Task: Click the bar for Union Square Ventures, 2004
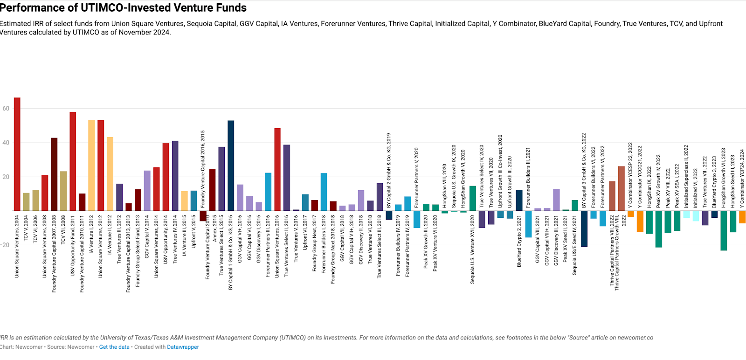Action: point(17,154)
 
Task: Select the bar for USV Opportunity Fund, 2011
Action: point(73,161)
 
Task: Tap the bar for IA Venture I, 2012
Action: point(91,165)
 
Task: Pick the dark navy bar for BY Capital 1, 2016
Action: point(231,166)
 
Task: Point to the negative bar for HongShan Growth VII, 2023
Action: point(724,230)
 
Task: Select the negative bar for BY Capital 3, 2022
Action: point(584,228)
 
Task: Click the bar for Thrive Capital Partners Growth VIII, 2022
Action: point(622,188)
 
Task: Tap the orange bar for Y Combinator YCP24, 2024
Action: point(742,217)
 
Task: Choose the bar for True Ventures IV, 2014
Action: point(175,176)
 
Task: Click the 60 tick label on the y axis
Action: point(6,108)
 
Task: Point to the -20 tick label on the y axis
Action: point(5,245)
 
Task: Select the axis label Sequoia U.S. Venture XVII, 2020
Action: point(473,249)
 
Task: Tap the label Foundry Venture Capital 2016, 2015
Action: point(203,169)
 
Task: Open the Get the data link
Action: point(114,347)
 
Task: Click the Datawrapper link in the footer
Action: point(183,347)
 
